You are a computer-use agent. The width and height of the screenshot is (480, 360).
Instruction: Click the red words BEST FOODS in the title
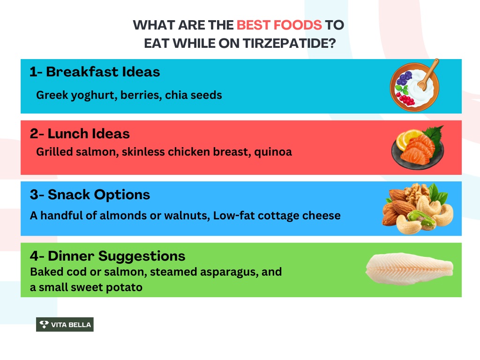279,25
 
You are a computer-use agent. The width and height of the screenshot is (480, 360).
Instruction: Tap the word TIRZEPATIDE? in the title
289,43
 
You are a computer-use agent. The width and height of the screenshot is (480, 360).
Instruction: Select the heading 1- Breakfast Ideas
95,72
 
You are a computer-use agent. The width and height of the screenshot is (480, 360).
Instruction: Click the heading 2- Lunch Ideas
80,134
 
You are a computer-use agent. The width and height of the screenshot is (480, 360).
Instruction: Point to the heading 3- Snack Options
90,195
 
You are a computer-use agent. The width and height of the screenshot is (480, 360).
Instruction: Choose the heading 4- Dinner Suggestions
107,256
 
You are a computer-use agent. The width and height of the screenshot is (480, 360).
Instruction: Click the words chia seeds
194,95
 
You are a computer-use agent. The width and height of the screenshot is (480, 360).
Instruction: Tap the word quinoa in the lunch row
273,152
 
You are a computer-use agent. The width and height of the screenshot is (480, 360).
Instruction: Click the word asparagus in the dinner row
229,272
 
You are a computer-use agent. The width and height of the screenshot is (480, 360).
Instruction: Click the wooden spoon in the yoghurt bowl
428,75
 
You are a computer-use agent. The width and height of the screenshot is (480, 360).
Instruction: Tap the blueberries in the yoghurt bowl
404,78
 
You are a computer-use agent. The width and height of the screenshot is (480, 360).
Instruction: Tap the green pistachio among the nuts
421,219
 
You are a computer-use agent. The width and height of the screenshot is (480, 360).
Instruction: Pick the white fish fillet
409,269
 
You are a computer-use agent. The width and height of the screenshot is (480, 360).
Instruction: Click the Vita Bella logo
65,324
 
